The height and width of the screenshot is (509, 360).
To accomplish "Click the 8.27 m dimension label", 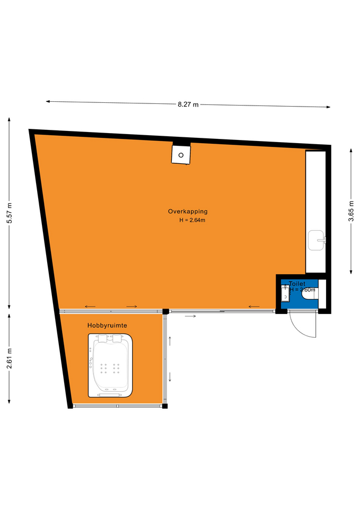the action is click(188, 104).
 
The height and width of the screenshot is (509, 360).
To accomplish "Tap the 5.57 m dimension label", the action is click(10, 213).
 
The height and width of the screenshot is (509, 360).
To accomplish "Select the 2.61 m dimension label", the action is click(10, 358).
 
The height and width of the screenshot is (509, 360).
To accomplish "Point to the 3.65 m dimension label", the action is click(351, 211).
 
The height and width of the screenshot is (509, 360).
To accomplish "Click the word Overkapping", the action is click(188, 212).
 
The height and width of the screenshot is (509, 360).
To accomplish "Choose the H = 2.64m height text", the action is click(192, 220).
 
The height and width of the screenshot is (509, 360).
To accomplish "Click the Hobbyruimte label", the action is click(107, 325).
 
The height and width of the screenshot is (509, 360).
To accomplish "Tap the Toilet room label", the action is click(297, 284).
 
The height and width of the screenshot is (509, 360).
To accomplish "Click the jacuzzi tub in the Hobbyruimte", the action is click(110, 365).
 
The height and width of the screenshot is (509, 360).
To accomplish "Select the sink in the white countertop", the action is click(317, 240).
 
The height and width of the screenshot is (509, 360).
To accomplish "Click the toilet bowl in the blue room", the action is click(310, 293).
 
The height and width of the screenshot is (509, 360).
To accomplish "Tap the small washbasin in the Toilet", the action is click(285, 293).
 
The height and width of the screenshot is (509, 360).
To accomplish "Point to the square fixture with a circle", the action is click(181, 155).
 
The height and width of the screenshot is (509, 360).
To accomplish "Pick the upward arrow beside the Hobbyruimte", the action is click(170, 341).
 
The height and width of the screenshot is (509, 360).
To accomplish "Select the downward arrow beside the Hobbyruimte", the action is click(170, 377).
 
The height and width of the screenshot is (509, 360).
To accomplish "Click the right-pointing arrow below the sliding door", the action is click(190, 316).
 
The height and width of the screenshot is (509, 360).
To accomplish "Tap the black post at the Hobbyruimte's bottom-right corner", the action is click(165, 406).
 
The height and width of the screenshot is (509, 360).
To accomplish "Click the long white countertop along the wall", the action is click(315, 212).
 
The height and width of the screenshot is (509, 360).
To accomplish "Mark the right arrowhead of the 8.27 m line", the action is click(329, 107).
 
